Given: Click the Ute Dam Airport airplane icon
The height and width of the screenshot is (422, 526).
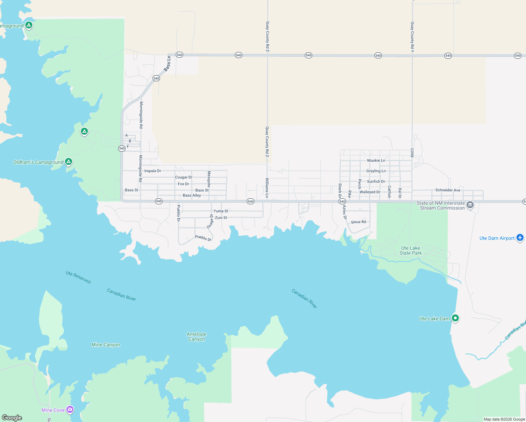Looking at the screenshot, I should [520, 238].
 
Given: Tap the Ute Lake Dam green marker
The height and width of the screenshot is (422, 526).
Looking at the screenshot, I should [455, 318].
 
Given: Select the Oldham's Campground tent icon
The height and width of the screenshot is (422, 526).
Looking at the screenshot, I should [69, 162].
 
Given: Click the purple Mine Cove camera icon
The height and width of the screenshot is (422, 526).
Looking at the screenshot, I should [70, 410].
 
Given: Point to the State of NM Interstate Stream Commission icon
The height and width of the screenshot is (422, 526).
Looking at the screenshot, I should [470, 205].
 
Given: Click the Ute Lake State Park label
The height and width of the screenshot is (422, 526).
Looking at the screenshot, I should [410, 250].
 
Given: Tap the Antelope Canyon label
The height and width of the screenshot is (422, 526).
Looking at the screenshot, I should [197, 337].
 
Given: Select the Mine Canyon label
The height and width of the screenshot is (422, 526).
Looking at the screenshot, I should [105, 345].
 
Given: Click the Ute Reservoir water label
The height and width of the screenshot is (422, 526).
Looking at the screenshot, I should [78, 277].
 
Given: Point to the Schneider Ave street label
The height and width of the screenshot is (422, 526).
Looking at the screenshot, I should [448, 190].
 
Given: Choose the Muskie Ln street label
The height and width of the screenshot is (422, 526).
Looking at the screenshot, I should [376, 160].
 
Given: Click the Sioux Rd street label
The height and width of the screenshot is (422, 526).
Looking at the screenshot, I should [358, 222].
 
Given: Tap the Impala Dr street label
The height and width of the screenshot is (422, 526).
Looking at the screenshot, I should [153, 171].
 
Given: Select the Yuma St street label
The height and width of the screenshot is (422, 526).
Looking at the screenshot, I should [221, 211].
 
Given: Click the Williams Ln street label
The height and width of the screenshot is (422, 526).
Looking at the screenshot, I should [267, 188].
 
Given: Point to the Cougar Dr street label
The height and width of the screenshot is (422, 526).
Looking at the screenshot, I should [184, 177].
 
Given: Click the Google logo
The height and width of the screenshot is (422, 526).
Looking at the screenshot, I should [12, 417].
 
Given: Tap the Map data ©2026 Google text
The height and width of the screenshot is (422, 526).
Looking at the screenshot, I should [504, 419].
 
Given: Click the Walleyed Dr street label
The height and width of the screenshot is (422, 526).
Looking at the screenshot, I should [370, 192].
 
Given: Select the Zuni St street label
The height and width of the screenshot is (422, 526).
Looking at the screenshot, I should [221, 218].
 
